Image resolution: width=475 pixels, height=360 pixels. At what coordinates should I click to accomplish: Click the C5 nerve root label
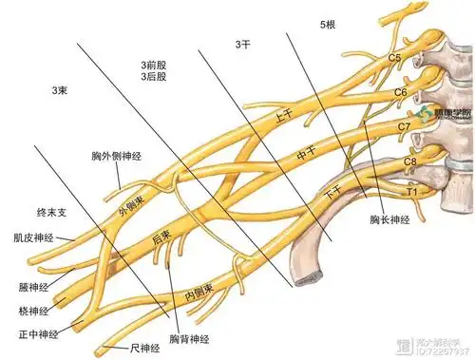[394, 58]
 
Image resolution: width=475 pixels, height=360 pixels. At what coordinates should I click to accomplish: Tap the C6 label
[400, 92]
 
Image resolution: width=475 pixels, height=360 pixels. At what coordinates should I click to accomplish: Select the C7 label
[404, 125]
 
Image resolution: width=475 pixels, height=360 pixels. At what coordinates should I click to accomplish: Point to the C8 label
[409, 161]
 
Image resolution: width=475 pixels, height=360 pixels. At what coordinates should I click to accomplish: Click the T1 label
[413, 191]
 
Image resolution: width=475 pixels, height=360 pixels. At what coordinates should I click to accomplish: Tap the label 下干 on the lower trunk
[332, 190]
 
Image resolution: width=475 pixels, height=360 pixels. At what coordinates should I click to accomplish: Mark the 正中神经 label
[38, 334]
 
